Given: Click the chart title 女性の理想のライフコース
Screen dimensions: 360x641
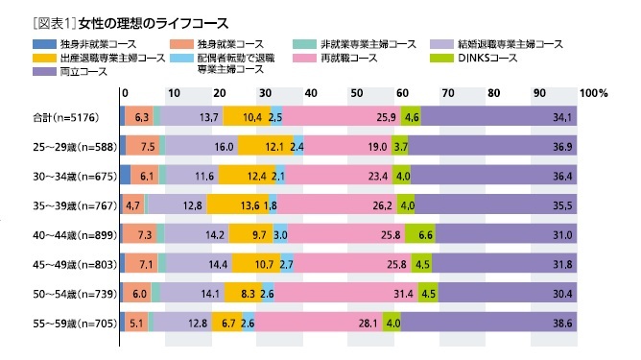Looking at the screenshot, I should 139,20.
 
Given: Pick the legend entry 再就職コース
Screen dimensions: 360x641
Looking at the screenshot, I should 352,58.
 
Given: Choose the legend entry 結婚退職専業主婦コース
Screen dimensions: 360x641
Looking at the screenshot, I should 510,44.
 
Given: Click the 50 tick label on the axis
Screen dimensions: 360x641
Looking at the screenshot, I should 357,93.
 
